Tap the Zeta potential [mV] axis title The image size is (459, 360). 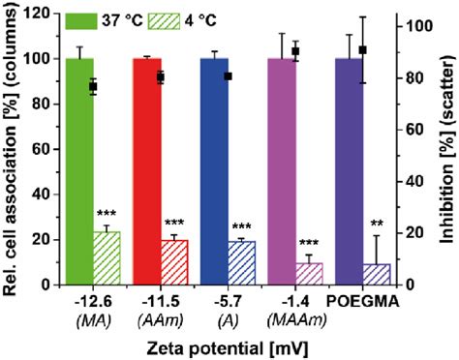(x=229, y=345)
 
